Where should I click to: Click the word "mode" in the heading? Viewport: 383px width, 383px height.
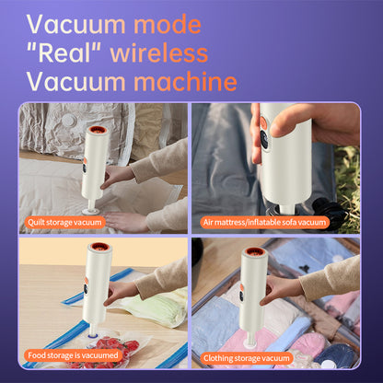(x=168, y=24)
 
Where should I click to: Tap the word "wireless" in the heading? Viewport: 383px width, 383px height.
(x=159, y=53)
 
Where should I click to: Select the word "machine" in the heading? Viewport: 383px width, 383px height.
(x=185, y=82)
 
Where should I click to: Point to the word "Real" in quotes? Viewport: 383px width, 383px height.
(x=64, y=53)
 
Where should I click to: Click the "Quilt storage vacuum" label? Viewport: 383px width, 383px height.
(x=64, y=222)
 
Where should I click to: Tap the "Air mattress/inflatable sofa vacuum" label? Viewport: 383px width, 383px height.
(x=264, y=222)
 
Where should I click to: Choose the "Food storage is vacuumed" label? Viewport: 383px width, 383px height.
(x=73, y=355)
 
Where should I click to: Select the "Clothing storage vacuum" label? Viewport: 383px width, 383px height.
(x=247, y=358)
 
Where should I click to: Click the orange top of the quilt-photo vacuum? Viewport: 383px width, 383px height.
(x=99, y=130)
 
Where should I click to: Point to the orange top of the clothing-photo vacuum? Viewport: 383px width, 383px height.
(x=255, y=251)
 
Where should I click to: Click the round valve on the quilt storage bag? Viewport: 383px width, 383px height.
(x=69, y=120)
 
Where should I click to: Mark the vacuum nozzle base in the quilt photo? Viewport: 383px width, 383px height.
(x=91, y=210)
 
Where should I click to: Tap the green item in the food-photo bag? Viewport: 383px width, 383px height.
(x=155, y=306)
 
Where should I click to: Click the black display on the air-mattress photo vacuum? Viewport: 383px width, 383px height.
(x=264, y=140)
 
